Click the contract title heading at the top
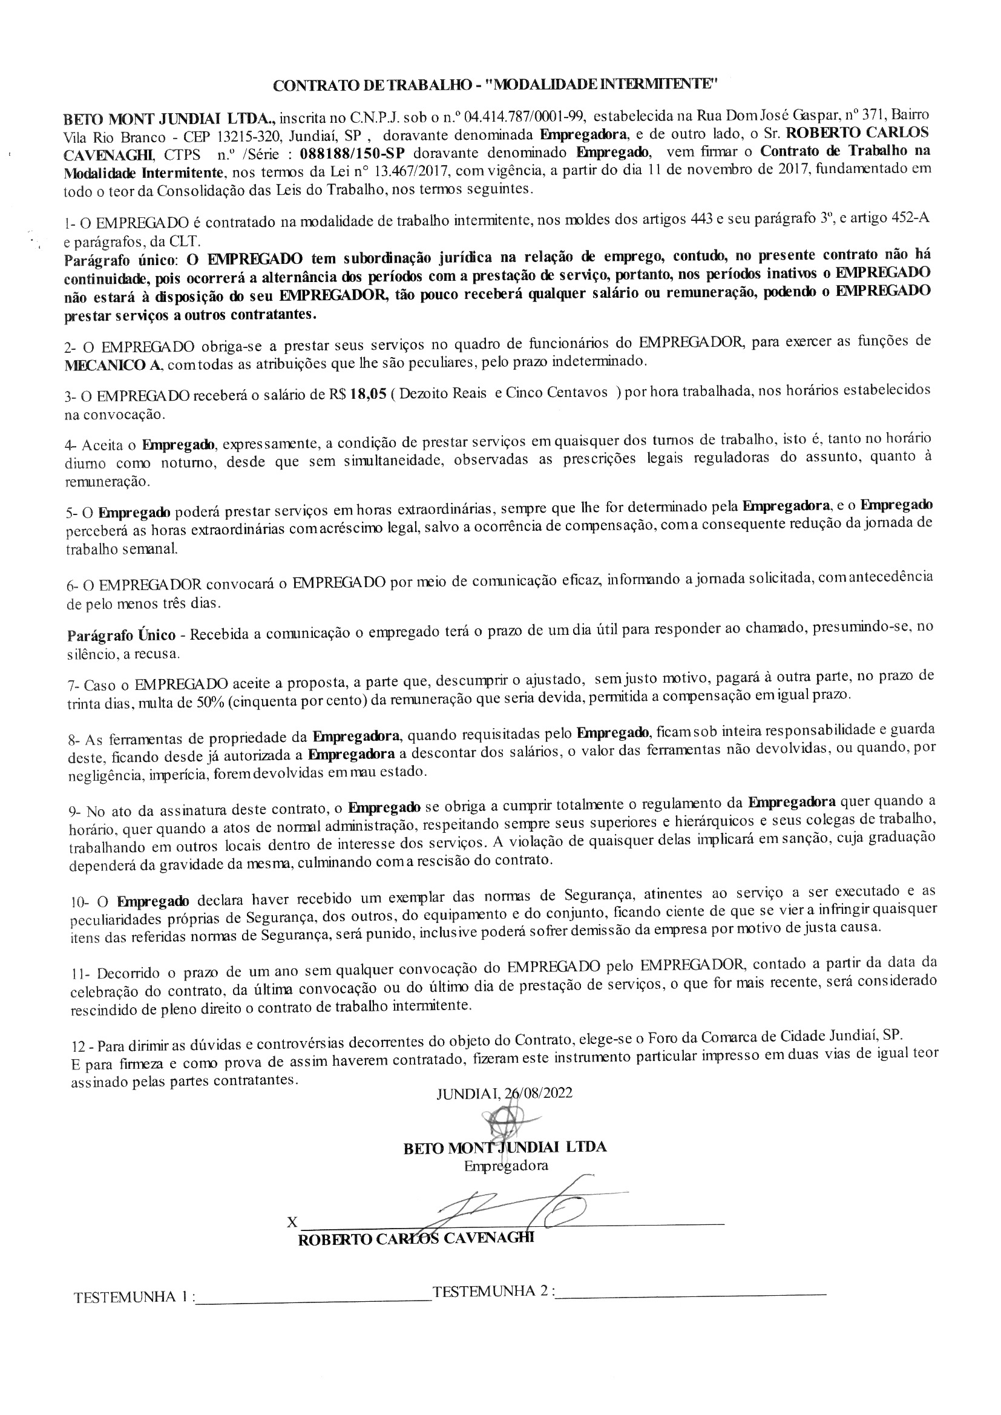496,86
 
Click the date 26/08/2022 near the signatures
538,1092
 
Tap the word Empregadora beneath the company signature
505,1166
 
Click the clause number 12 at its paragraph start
78,1046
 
